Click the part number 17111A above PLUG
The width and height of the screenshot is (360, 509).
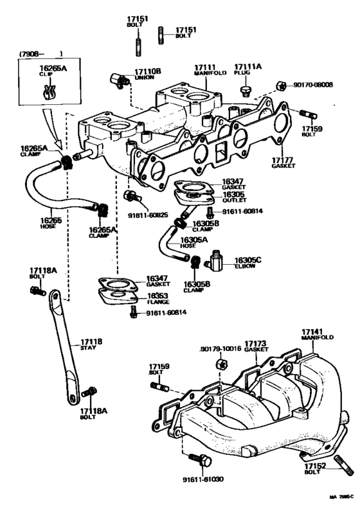coord(247,67)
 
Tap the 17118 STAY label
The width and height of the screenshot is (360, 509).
coord(91,344)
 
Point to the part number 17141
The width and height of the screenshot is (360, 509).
coord(314,333)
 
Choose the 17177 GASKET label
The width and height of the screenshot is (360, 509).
coord(282,161)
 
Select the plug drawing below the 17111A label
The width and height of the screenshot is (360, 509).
coord(246,91)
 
